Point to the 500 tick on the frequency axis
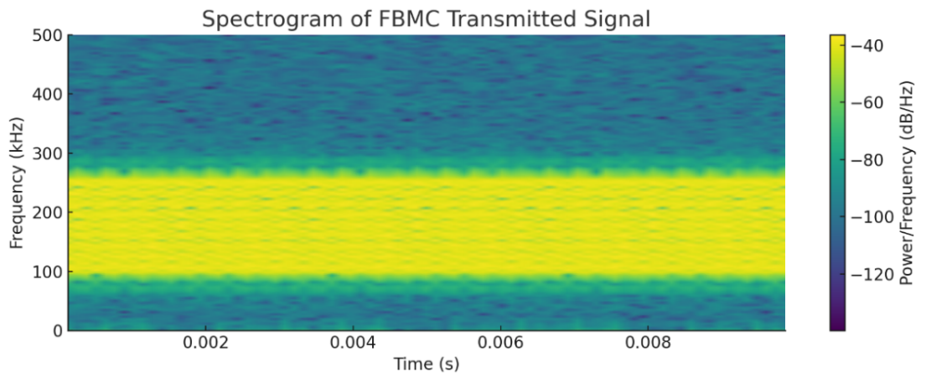click(x=49, y=35)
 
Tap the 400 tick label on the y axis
click(x=49, y=95)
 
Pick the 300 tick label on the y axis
click(x=49, y=153)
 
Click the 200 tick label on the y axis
click(x=49, y=213)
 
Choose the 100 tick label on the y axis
click(x=49, y=272)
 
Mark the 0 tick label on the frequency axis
click(x=57, y=330)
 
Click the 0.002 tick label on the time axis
click(x=206, y=344)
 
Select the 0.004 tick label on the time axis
click(x=354, y=344)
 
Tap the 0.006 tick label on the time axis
click(x=501, y=344)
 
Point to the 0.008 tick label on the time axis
click(x=649, y=344)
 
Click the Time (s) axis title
click(x=427, y=365)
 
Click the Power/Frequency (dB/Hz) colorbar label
click(x=907, y=183)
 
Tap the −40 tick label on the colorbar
click(x=868, y=46)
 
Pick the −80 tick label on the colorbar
click(x=868, y=160)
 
